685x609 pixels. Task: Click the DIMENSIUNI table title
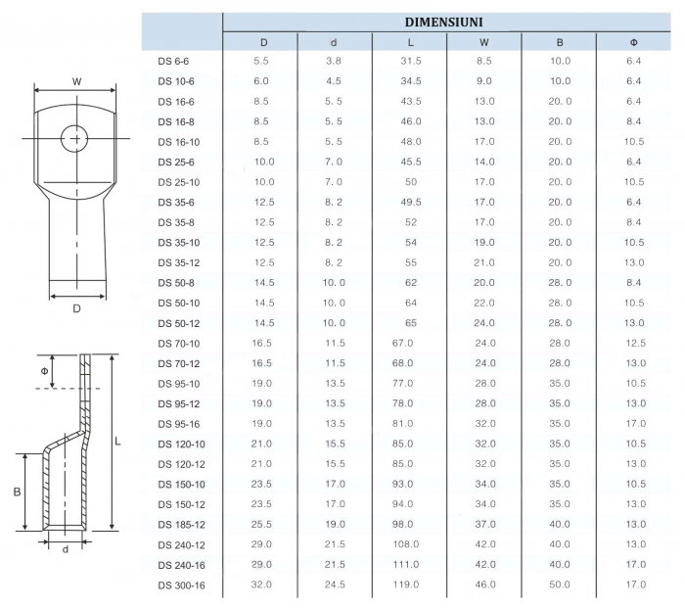pos(444,23)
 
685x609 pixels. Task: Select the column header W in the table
pos(484,42)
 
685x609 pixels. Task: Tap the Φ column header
pos(634,42)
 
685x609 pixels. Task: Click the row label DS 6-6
pos(173,62)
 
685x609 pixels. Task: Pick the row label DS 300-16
pos(181,586)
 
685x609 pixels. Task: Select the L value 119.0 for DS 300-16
pos(406,585)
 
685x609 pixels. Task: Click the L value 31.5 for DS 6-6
pos(411,61)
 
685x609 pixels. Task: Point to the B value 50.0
pos(560,585)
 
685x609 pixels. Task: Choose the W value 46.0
pos(485,585)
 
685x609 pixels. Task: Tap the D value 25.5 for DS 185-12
pos(261,524)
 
